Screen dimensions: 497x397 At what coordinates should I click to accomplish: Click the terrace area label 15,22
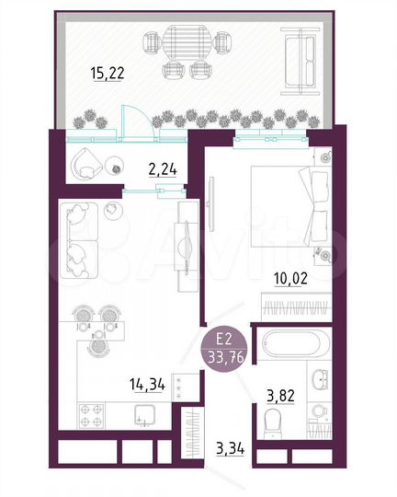[109, 74]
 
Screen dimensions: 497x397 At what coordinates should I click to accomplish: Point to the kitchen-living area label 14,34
[148, 385]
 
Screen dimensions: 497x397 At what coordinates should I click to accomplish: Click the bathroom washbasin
[319, 378]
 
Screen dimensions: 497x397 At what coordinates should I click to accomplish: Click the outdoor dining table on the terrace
[187, 42]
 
